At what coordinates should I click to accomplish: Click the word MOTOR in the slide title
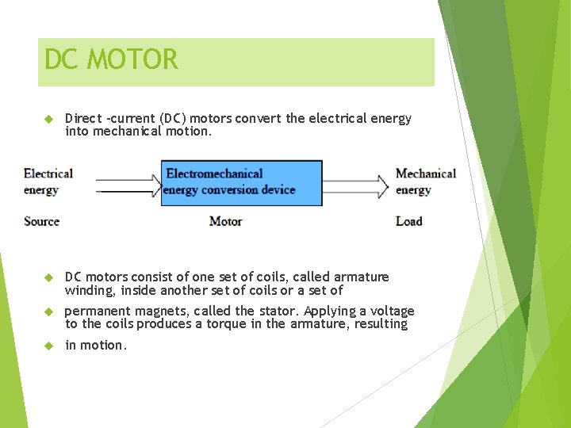tap(133, 59)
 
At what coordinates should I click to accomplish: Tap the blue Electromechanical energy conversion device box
tap(241, 183)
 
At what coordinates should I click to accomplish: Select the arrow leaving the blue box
tap(356, 185)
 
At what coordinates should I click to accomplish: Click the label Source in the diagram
tap(41, 221)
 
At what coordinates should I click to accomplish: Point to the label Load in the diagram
tap(408, 221)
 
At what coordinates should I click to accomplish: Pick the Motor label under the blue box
tap(225, 221)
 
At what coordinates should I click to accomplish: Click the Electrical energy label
tap(48, 182)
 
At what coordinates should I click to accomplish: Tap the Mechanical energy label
tap(425, 182)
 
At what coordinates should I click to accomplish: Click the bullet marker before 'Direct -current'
tap(47, 119)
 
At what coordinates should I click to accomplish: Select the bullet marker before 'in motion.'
tap(47, 346)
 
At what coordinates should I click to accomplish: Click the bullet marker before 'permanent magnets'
tap(47, 311)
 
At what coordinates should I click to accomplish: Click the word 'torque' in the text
tap(224, 323)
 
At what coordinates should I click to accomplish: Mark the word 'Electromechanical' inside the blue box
tap(214, 174)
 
